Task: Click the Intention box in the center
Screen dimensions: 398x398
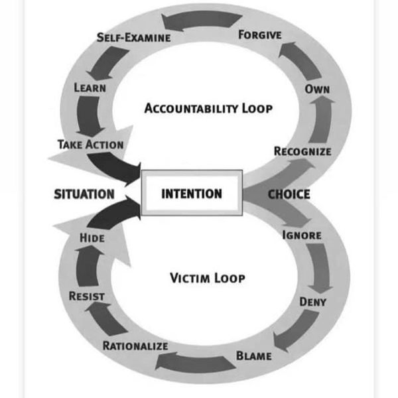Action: [192, 194]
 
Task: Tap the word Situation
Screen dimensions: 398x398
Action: [84, 194]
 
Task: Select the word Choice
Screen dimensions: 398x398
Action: [289, 194]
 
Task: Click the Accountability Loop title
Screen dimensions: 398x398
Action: [208, 108]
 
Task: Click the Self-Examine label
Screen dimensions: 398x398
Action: [134, 37]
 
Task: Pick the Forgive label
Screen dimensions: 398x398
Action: [260, 34]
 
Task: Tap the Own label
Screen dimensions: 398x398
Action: [317, 90]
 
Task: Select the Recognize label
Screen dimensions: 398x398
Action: [302, 151]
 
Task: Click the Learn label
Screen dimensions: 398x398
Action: [90, 88]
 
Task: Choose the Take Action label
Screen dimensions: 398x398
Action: [90, 144]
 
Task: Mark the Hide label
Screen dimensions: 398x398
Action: [92, 237]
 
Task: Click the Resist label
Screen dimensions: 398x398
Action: [87, 296]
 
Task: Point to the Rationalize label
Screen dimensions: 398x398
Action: [135, 346]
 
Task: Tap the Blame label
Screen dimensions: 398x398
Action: [254, 356]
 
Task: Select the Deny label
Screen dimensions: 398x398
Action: [312, 302]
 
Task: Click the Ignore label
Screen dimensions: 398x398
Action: [302, 235]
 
